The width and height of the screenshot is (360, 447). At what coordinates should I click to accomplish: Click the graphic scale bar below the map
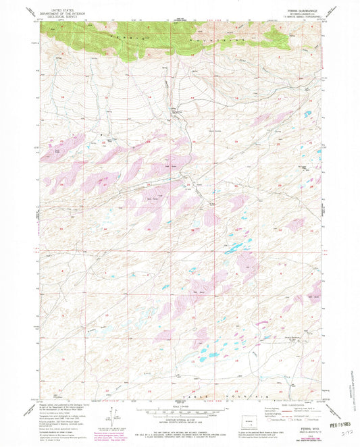coord(180,412)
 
